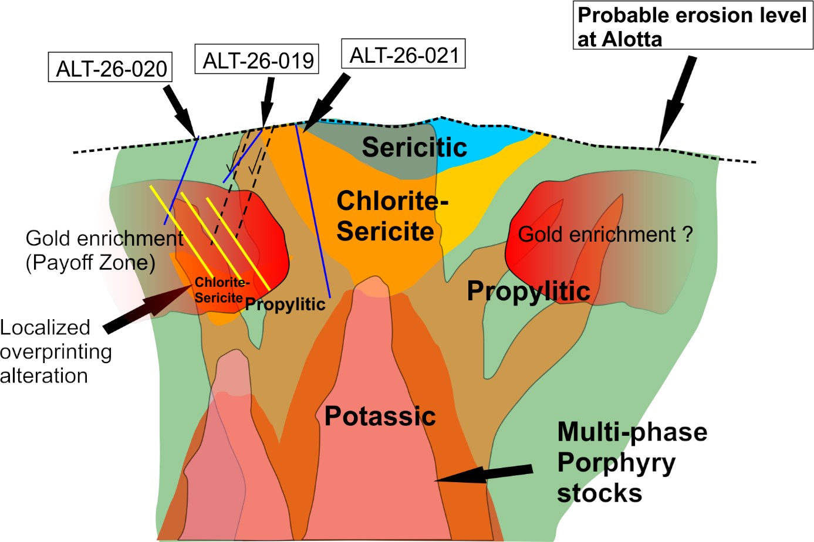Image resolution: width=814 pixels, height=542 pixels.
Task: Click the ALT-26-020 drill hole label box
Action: (x=110, y=67)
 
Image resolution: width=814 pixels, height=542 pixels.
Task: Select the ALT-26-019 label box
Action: (x=257, y=59)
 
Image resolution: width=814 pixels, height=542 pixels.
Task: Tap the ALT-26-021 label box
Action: (x=403, y=54)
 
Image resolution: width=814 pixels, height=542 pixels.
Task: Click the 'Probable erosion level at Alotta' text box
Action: (x=693, y=25)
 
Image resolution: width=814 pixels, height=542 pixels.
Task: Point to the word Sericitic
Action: (x=415, y=147)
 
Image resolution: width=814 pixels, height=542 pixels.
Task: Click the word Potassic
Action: (x=380, y=416)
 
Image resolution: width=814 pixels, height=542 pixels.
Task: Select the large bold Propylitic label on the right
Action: (x=529, y=292)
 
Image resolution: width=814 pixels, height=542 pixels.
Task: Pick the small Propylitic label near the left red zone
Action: (x=285, y=304)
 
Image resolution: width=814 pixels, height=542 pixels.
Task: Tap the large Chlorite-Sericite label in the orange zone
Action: (x=393, y=216)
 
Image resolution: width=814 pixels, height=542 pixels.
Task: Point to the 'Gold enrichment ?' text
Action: (x=606, y=234)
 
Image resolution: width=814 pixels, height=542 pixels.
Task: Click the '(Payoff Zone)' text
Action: (x=90, y=262)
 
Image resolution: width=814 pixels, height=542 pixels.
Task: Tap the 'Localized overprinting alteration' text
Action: (x=56, y=351)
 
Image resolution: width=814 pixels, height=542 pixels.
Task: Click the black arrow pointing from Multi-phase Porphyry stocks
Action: (x=484, y=474)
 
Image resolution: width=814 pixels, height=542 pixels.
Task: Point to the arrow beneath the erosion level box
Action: (x=677, y=102)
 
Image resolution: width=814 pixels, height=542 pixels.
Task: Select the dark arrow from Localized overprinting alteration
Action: (x=148, y=309)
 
